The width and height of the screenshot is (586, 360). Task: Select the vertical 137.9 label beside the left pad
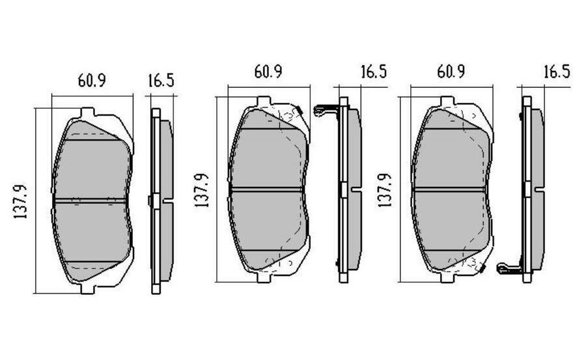21,201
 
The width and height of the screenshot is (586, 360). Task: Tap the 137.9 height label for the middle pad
201,190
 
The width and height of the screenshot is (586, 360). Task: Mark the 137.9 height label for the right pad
384,190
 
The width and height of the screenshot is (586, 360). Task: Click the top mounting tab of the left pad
87,113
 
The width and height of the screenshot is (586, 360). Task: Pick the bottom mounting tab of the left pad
87,288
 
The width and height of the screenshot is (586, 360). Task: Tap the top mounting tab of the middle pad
264,102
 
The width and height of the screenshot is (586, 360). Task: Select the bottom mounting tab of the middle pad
264,277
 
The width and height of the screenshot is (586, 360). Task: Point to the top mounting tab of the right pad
447,102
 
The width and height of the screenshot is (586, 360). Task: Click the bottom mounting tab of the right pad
447,277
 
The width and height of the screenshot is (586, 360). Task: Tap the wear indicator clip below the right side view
508,267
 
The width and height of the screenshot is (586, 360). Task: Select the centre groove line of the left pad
92,200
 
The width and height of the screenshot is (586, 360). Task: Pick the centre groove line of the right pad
449,189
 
